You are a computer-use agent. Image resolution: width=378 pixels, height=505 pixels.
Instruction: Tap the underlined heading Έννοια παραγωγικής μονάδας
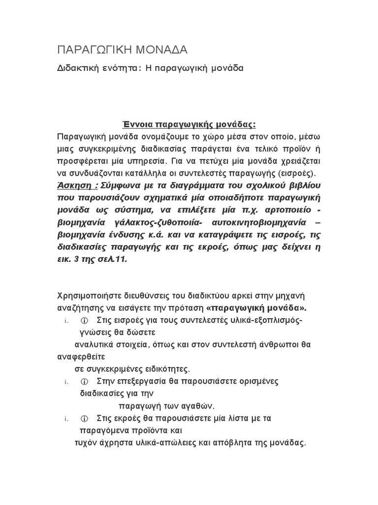[189, 124]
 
